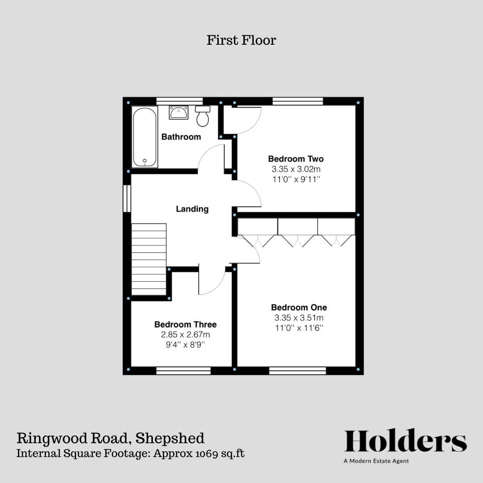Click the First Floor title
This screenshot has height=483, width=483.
point(241,40)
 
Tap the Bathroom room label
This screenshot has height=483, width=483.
point(181,137)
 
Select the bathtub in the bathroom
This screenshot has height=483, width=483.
point(144,137)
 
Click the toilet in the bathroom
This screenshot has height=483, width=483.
point(203,116)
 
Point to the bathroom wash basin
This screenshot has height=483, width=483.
point(178,112)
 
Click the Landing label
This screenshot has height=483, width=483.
point(192,209)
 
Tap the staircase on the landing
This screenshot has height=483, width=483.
point(149,259)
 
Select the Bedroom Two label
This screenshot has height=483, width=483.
point(296,159)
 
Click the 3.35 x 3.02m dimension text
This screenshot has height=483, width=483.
point(296,169)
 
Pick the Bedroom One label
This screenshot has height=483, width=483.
point(299,308)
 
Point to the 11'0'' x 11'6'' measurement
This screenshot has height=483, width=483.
point(299,328)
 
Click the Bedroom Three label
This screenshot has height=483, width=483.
point(185,325)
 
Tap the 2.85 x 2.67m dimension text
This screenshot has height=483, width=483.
point(185,335)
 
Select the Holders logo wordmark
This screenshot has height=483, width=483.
point(405,441)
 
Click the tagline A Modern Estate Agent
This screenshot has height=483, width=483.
point(376,461)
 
